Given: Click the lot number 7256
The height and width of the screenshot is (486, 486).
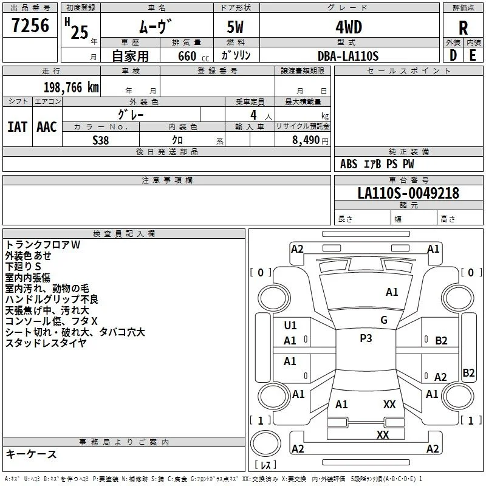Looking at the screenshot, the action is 30,26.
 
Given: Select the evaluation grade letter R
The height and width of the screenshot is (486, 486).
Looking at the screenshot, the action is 463,28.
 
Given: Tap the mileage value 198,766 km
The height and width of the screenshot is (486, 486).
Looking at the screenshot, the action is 71,87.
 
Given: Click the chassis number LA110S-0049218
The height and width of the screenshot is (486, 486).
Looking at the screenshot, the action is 408,193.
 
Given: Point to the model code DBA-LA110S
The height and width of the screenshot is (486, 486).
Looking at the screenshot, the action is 348,56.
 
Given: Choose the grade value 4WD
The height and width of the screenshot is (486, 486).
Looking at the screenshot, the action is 349,27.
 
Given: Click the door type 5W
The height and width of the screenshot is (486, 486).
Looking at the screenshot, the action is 235,27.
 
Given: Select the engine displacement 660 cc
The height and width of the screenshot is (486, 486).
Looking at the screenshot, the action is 193,56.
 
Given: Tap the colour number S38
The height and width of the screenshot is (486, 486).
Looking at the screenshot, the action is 100,140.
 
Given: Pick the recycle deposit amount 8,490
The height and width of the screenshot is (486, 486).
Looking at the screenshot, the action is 306,140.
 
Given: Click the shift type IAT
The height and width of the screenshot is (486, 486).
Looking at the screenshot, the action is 18,127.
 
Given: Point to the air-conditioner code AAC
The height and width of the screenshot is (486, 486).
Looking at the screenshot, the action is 47,127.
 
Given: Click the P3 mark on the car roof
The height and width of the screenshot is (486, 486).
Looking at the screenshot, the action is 366,338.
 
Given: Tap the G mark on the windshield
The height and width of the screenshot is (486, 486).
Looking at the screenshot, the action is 384,320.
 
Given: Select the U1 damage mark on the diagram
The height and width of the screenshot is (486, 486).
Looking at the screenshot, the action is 290,326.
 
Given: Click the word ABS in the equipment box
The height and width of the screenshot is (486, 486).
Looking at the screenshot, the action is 349,164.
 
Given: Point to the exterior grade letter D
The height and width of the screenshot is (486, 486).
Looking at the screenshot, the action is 453,55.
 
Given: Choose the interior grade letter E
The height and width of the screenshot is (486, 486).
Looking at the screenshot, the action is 473,55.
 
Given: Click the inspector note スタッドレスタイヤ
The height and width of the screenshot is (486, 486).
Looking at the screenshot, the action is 46,343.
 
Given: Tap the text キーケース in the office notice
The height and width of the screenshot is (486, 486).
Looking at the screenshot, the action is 31,454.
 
